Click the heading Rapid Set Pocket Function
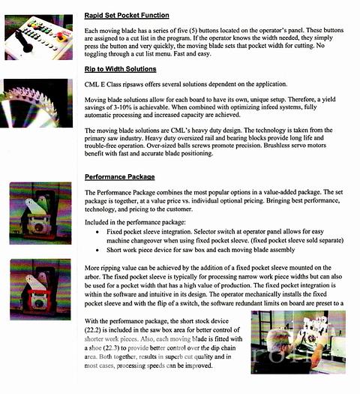coord(127,15)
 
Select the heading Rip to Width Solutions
coord(120,69)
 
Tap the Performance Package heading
coord(119,177)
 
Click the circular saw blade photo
coord(37,104)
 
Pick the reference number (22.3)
coord(111,348)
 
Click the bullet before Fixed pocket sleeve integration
coord(97,232)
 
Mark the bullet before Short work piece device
coord(97,250)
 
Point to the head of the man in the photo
coord(279,339)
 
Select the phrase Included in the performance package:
coord(135,222)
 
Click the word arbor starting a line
coord(92,277)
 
